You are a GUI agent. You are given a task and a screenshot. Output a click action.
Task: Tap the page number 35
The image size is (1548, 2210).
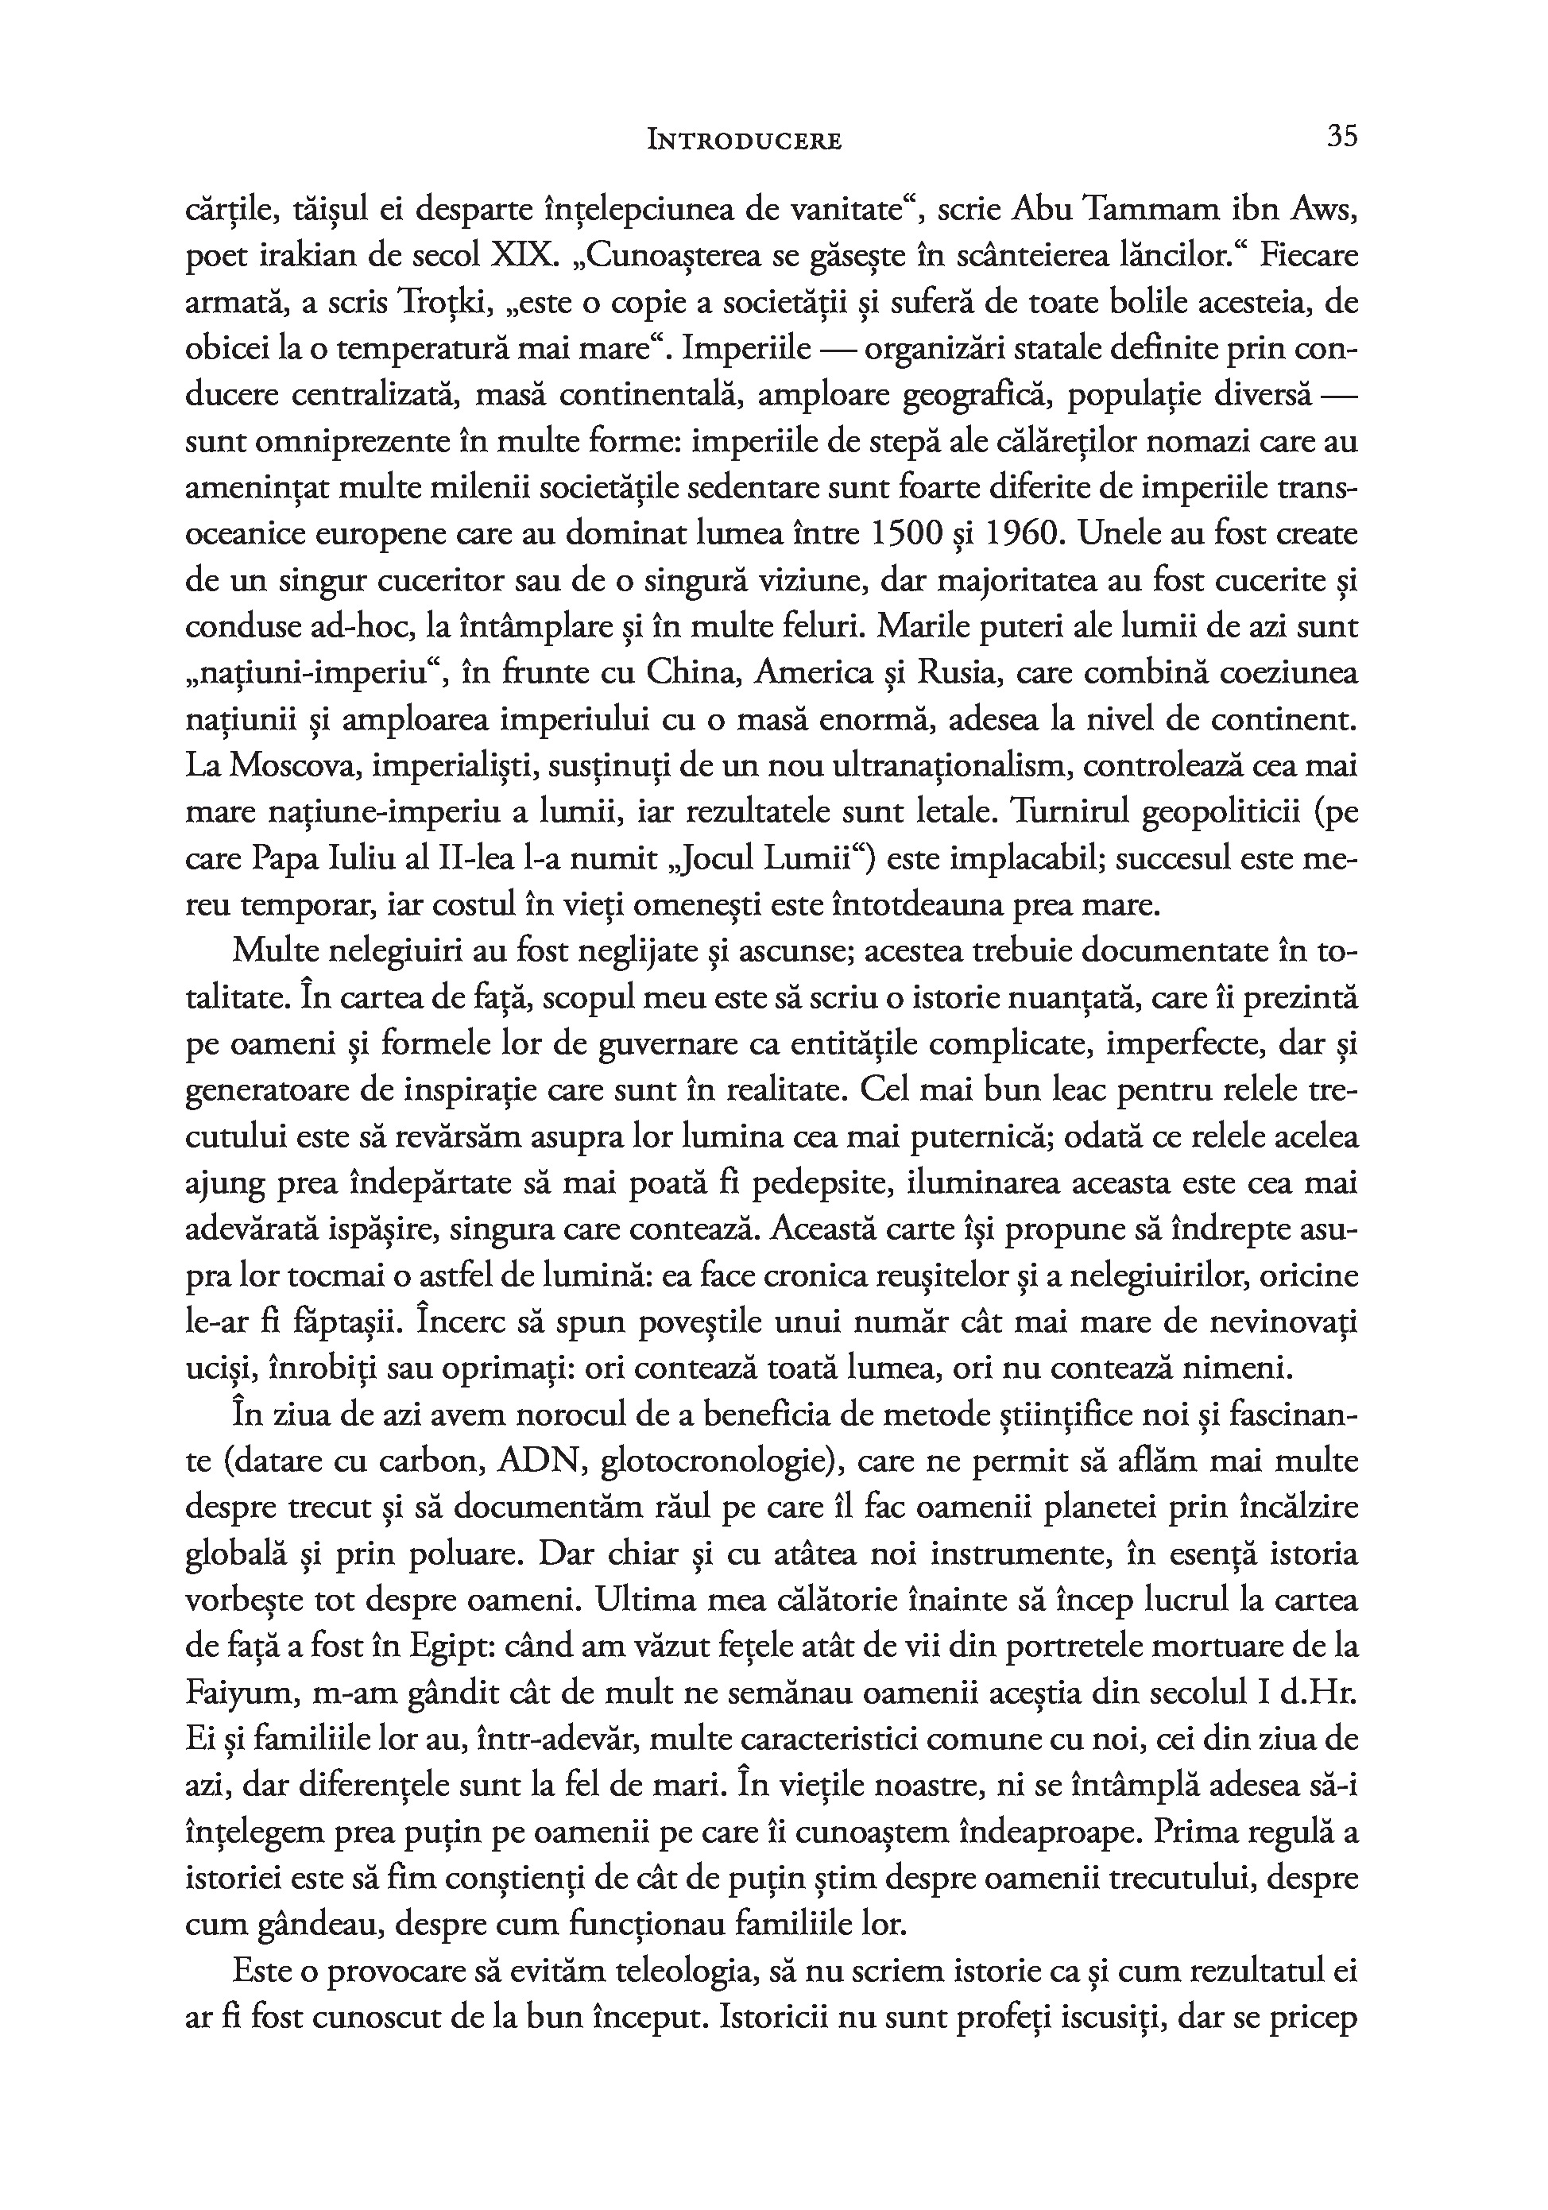click(1342, 137)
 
